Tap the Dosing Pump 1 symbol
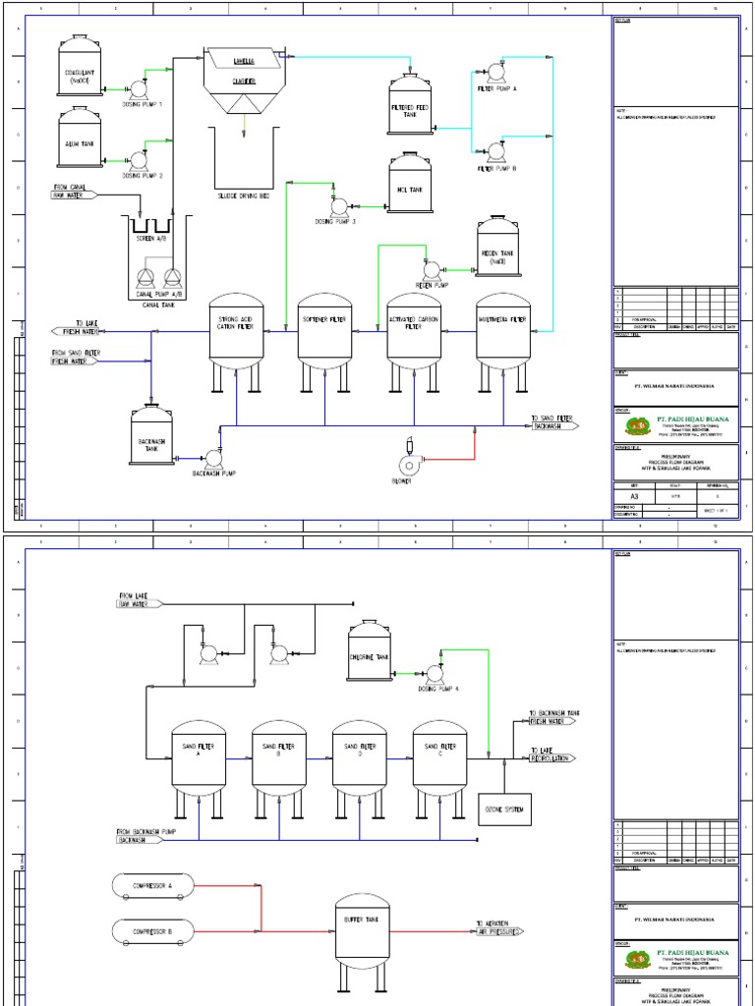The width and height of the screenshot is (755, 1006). click(x=138, y=88)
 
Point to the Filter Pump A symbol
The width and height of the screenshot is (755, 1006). click(x=495, y=71)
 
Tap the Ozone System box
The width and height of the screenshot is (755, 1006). click(x=503, y=809)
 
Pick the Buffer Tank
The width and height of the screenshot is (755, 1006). click(x=363, y=923)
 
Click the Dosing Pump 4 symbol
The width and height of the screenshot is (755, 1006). click(x=434, y=672)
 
